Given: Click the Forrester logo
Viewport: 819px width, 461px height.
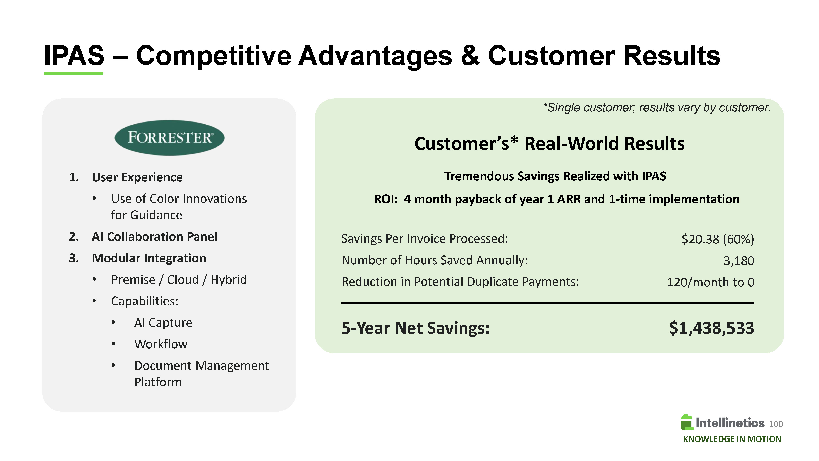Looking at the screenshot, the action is pos(169,137).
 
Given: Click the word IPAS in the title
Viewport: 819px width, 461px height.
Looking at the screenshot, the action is pos(74,55).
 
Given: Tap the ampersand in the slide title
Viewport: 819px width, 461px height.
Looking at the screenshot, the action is pos(470,55).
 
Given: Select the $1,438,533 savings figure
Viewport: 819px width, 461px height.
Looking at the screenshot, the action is pos(711,328).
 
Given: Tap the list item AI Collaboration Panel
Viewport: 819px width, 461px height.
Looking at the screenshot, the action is pos(154,237).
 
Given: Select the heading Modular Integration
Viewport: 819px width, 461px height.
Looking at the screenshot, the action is pos(149,258).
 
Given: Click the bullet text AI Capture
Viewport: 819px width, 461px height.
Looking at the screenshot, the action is pos(163,323).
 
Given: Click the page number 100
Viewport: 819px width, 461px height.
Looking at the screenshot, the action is pos(776,424).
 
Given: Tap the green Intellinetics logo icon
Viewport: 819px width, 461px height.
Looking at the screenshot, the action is pos(687,422).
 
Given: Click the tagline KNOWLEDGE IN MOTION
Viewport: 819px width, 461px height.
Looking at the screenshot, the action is pos(732,439).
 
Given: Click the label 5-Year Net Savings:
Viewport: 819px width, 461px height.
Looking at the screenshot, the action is pos(416,328).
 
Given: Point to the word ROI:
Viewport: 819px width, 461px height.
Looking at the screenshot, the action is pos(386,199).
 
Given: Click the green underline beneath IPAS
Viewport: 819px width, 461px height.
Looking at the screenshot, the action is pos(74,74).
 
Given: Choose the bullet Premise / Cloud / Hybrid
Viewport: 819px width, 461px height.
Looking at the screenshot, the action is pos(179,280).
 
